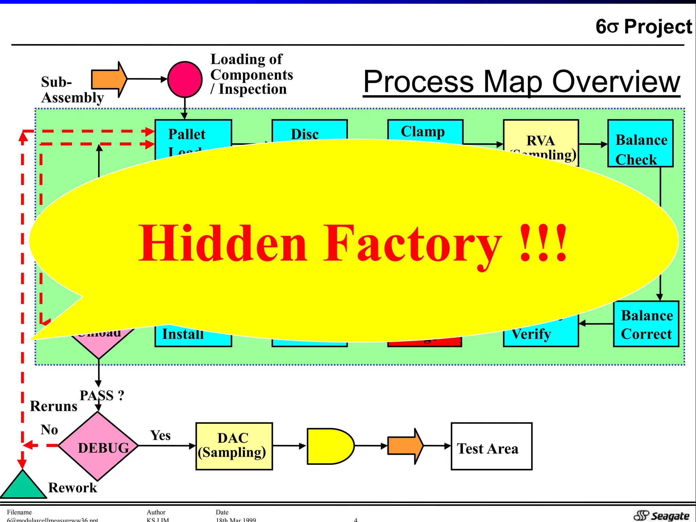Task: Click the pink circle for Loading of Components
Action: (x=185, y=80)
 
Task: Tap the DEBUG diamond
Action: (x=98, y=446)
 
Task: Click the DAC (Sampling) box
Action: (x=234, y=446)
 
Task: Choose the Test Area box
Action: (x=491, y=446)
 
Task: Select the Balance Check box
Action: (x=641, y=143)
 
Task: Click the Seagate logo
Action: (x=661, y=515)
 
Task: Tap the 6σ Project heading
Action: (x=643, y=27)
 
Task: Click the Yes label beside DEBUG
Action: (x=160, y=435)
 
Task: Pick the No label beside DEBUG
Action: (x=49, y=430)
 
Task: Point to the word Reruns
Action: (x=54, y=406)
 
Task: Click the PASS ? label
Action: (x=102, y=396)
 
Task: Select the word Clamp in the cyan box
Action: (x=423, y=132)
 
